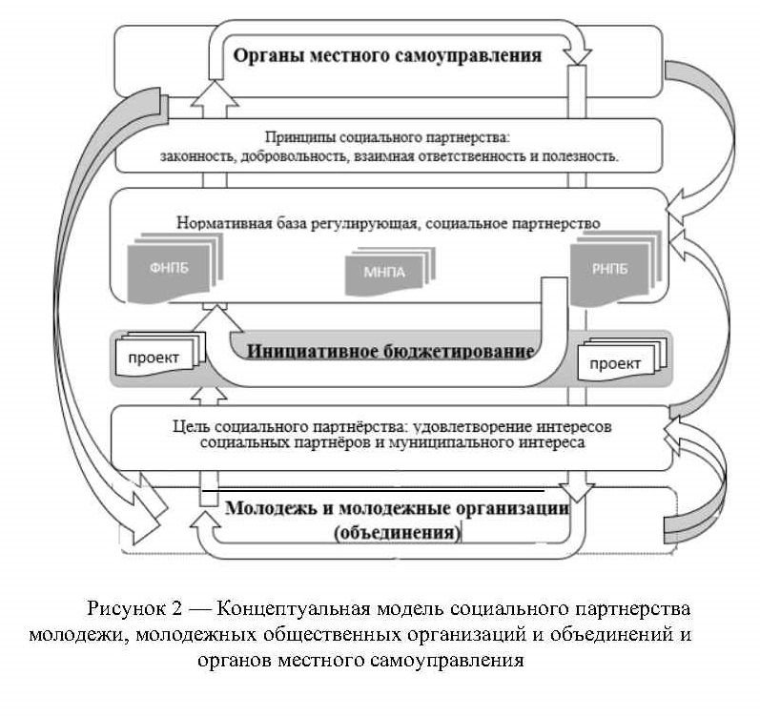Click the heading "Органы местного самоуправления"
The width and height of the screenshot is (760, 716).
387,54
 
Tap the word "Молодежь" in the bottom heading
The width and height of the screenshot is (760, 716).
270,508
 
